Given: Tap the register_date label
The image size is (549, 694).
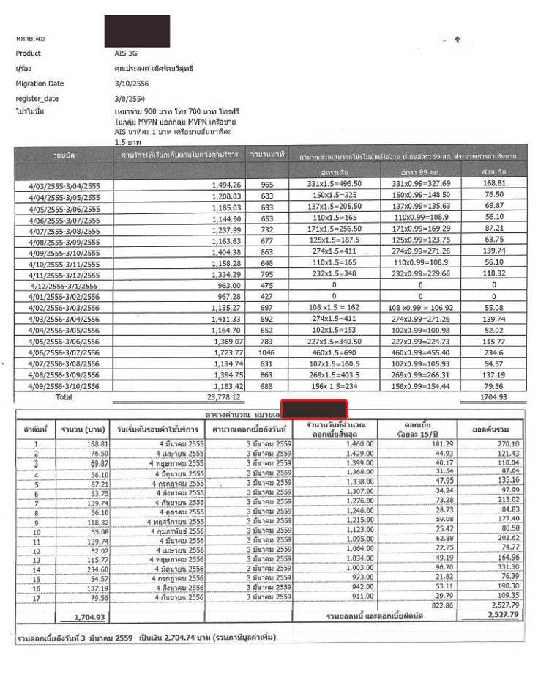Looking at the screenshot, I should coord(37,98).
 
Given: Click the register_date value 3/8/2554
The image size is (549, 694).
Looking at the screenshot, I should coord(119,98).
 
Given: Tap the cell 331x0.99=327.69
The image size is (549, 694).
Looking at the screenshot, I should coord(422,183).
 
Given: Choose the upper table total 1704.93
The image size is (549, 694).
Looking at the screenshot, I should coord(485,397).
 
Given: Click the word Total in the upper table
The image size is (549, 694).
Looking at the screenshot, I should coord(63,396).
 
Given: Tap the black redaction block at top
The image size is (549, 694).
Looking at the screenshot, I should coord(137,32).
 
